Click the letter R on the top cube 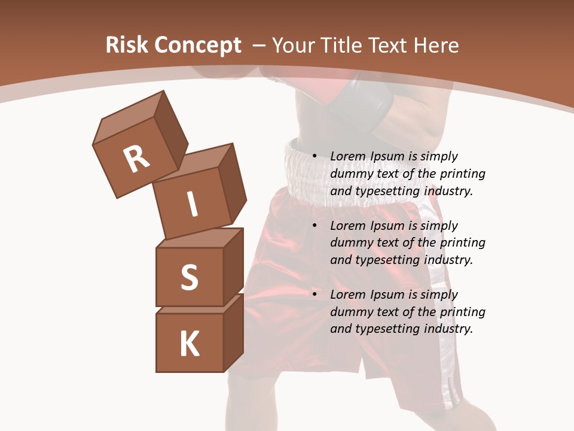[x=136, y=159]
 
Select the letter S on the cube [x=189, y=278]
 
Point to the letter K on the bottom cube [x=190, y=344]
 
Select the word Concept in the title [x=197, y=45]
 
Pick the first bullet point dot [x=315, y=156]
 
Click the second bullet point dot [x=315, y=226]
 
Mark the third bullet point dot [x=315, y=295]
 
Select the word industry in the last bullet [x=448, y=329]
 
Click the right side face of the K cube [x=233, y=332]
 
